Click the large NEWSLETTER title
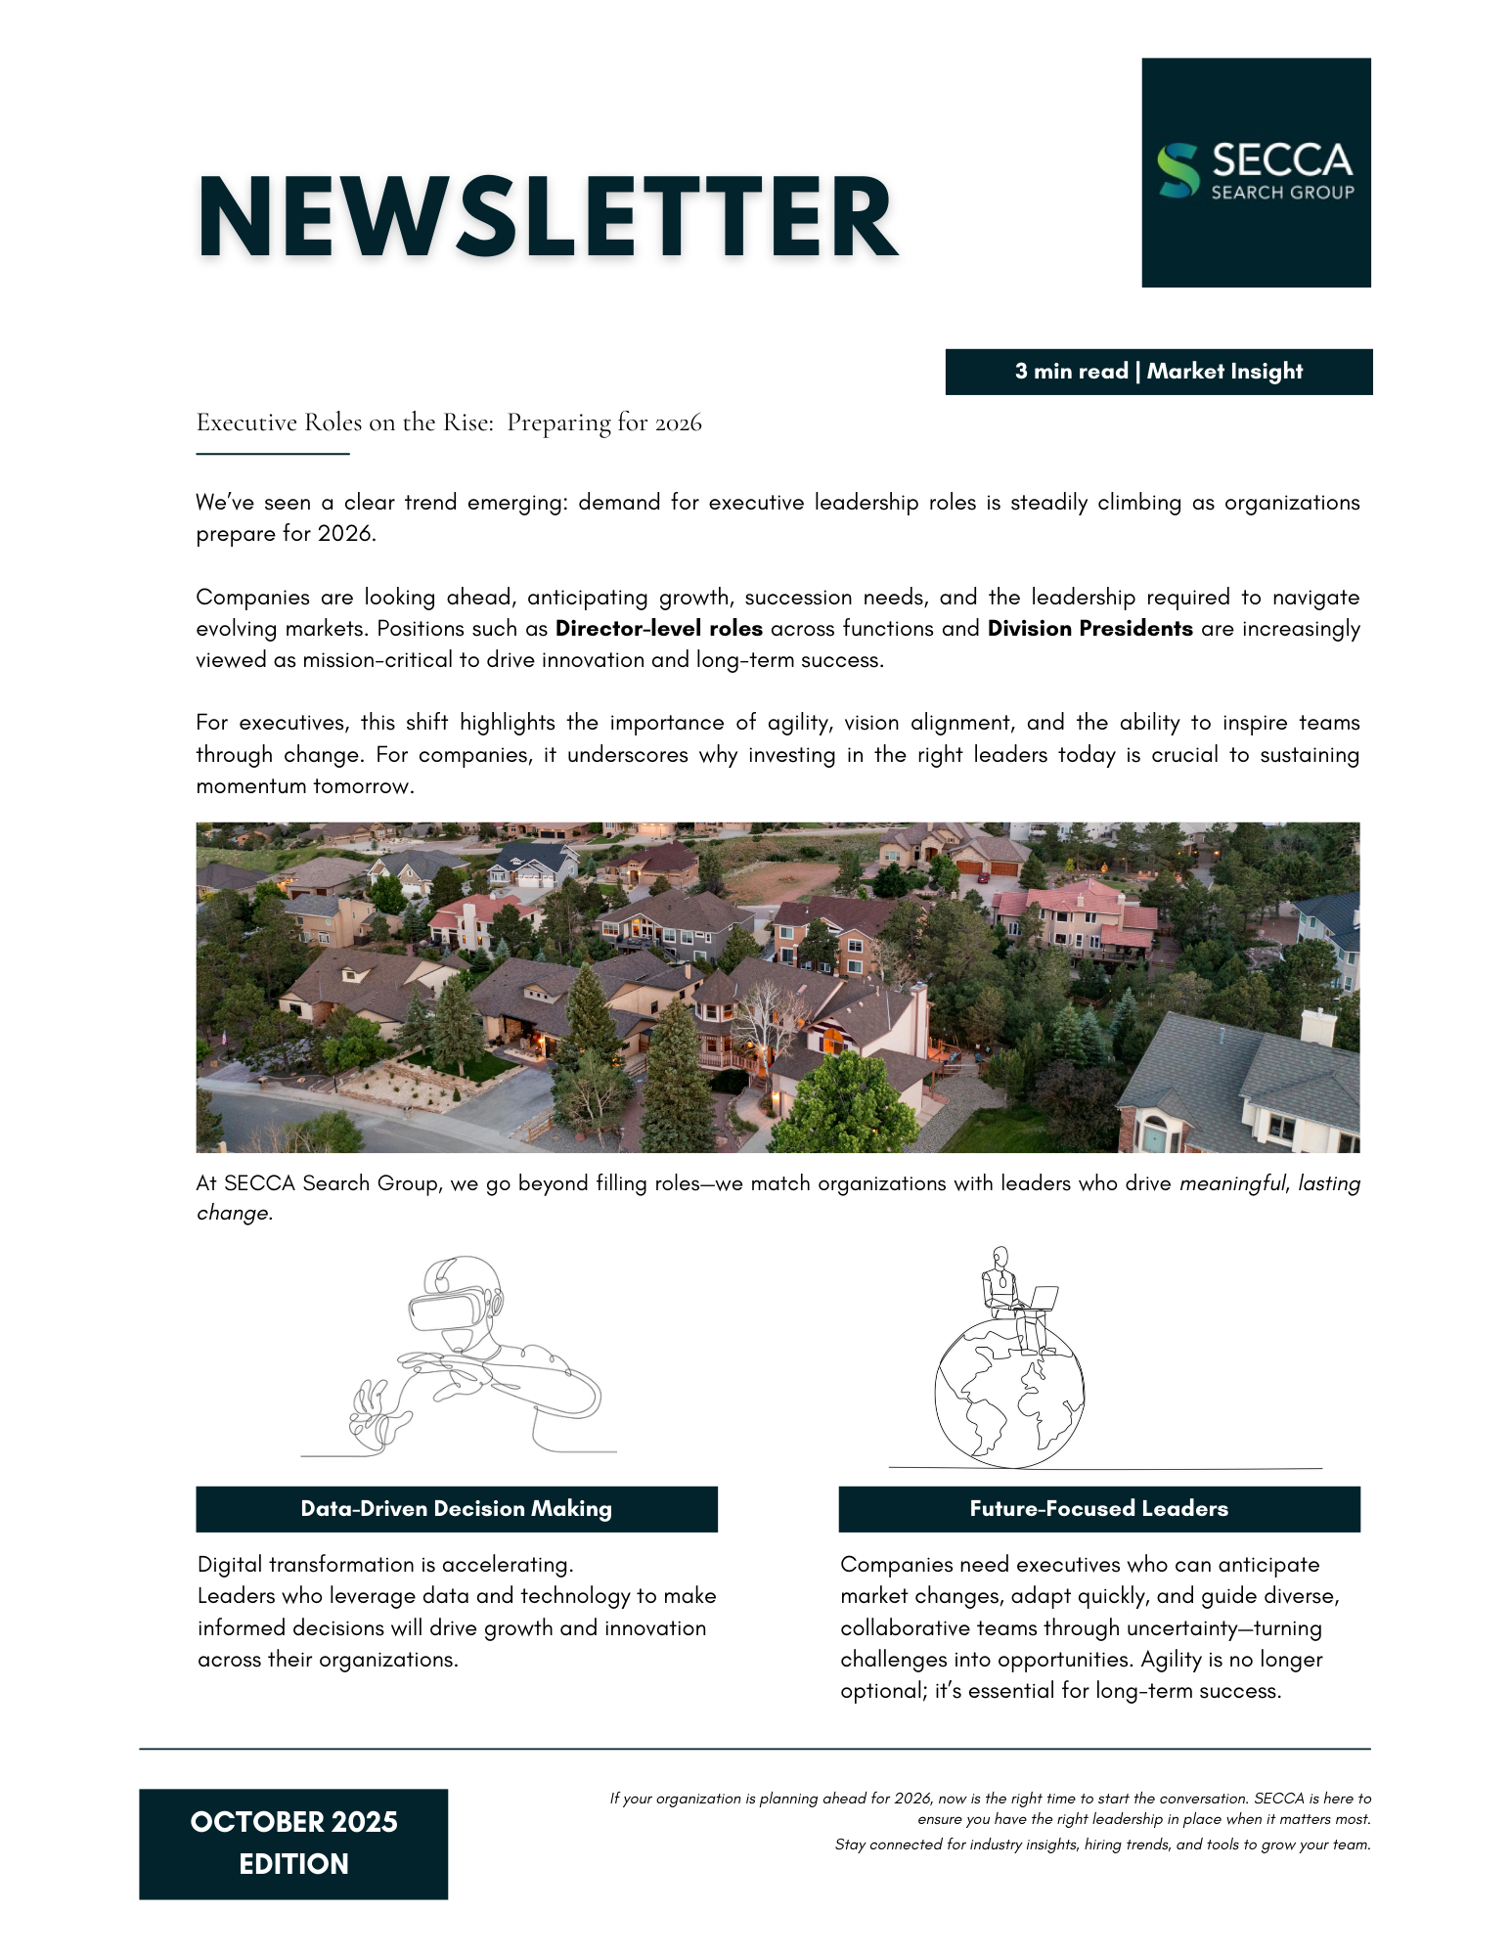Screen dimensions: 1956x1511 [547, 217]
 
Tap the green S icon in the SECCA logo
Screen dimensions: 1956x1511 [1178, 171]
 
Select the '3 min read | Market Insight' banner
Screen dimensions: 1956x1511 [1158, 372]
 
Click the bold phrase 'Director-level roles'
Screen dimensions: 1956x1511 [658, 629]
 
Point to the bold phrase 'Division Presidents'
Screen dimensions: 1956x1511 [1089, 629]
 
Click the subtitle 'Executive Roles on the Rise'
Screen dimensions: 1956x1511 [344, 422]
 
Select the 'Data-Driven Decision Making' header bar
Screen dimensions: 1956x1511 [456, 1508]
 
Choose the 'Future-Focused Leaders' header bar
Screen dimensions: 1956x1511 [1098, 1508]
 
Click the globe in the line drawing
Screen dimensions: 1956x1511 [1008, 1394]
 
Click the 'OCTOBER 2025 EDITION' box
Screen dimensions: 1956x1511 [293, 1844]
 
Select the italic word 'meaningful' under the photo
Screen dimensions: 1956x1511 [1231, 1183]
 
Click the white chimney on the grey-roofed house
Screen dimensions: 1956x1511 [1318, 1030]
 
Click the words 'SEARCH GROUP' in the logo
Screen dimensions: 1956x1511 [1282, 193]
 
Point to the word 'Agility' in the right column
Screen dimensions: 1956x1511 [1171, 1659]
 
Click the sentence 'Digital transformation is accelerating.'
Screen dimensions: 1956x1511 [385, 1565]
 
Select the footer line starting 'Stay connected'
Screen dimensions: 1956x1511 [1102, 1845]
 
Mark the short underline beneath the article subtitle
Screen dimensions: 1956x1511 [273, 454]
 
